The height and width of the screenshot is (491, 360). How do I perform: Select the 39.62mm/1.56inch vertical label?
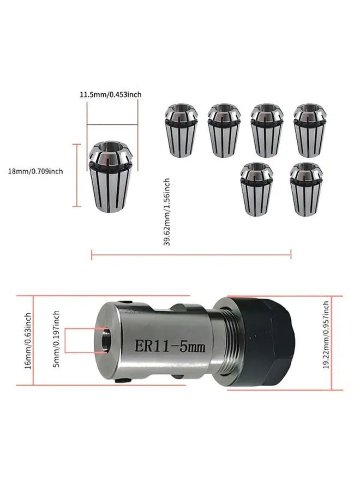coord(167,212)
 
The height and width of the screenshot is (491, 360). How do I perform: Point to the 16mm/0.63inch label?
coord(27,341)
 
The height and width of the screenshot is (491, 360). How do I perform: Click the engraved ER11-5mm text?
coord(169,346)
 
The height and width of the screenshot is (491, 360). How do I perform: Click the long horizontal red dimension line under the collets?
coord(191,253)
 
